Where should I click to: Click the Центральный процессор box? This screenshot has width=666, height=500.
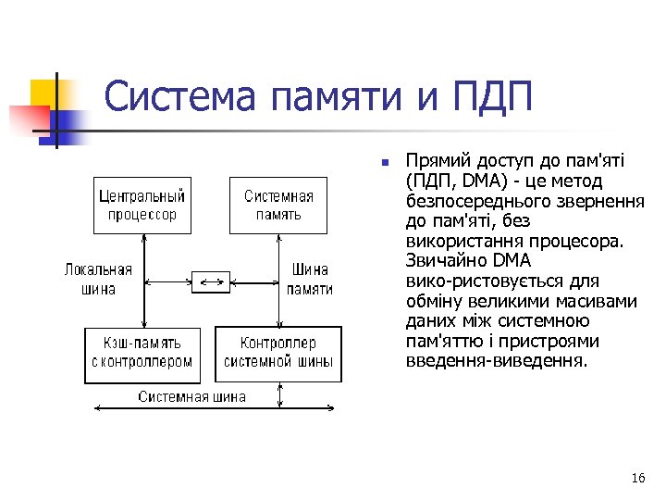pos(142,206)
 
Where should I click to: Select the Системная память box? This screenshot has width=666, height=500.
pos(278,206)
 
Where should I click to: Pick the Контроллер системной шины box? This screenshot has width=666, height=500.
pos(278,354)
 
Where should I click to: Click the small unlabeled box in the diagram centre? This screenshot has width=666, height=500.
pos(210,281)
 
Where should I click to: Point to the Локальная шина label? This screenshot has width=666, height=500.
pos(97,280)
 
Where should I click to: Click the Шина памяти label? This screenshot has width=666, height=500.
pos(310,280)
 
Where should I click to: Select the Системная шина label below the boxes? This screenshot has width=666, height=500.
pos(192,396)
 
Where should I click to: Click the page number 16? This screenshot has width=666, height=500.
pos(637,478)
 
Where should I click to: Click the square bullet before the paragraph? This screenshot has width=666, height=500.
pos(383,163)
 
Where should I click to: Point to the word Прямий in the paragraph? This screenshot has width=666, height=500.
pos(433,161)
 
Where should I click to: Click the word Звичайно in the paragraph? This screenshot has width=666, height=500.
pos(447,261)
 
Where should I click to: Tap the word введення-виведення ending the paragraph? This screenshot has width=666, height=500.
pos(496,361)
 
